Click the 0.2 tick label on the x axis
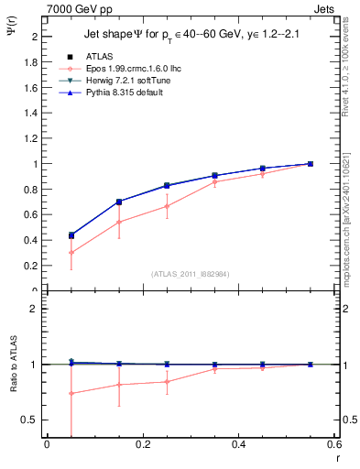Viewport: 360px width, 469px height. coord(143,445)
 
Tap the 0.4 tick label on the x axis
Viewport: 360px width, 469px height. coord(240,445)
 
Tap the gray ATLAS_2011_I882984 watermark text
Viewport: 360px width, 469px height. coord(190,273)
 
